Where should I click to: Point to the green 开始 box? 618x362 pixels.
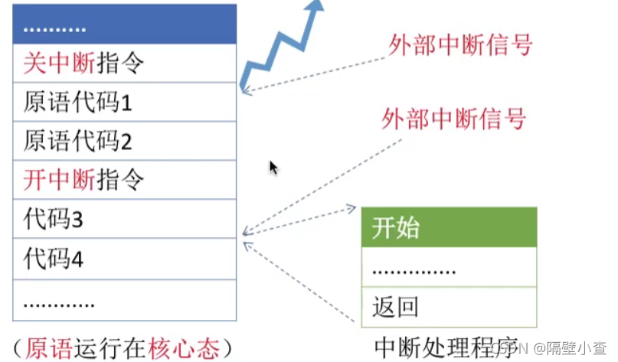tap(449, 227)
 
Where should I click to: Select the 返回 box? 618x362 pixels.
tap(449, 307)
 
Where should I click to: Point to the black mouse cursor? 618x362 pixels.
tap(273, 168)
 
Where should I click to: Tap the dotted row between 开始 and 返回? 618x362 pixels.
tap(449, 268)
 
